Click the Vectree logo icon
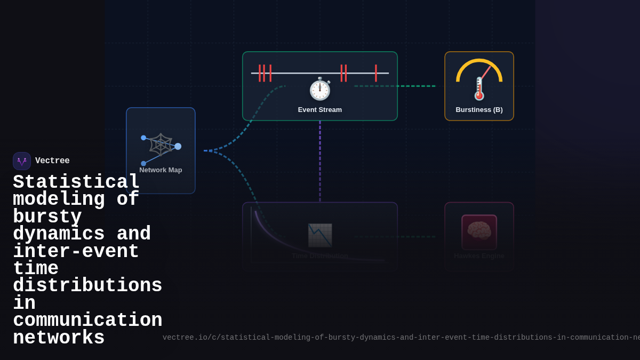[x=22, y=161]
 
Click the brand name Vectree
[x=52, y=161]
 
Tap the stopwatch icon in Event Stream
[x=320, y=89]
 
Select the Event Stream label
[x=320, y=110]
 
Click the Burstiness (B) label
[x=479, y=110]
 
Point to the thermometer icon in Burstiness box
[x=479, y=89]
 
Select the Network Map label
[x=161, y=170]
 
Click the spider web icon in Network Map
[x=161, y=145]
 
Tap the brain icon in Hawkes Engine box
[x=479, y=231]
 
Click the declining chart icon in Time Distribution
[x=320, y=235]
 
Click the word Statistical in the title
[x=76, y=182]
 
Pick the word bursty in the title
[x=47, y=217]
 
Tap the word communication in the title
[x=87, y=321]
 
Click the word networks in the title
[x=59, y=338]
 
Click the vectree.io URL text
[x=400, y=338]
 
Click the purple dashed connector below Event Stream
[x=320, y=160]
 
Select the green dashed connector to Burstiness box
[x=395, y=86]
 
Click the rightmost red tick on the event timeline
[x=376, y=73]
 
